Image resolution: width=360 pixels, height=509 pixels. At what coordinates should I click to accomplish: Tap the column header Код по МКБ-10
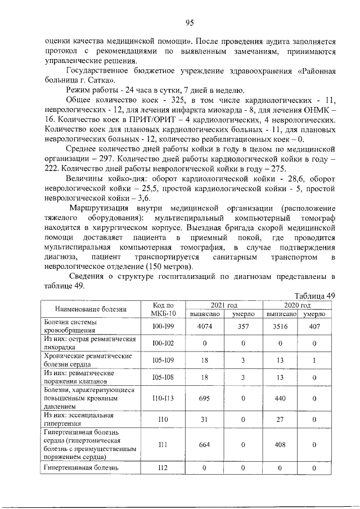click(x=164, y=309)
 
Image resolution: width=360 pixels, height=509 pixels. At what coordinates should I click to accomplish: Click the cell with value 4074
click(x=205, y=327)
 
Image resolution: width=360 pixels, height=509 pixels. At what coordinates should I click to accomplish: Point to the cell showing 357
click(x=244, y=327)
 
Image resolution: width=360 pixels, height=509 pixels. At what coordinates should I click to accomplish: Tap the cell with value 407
click(x=314, y=327)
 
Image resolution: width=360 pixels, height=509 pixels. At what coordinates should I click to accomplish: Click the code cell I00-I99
click(x=164, y=327)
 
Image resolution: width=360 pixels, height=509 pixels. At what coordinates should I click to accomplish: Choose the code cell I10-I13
click(x=164, y=398)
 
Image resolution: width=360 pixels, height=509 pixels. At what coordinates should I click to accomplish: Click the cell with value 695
click(x=205, y=398)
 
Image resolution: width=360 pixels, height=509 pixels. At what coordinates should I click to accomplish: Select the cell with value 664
click(x=205, y=445)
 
